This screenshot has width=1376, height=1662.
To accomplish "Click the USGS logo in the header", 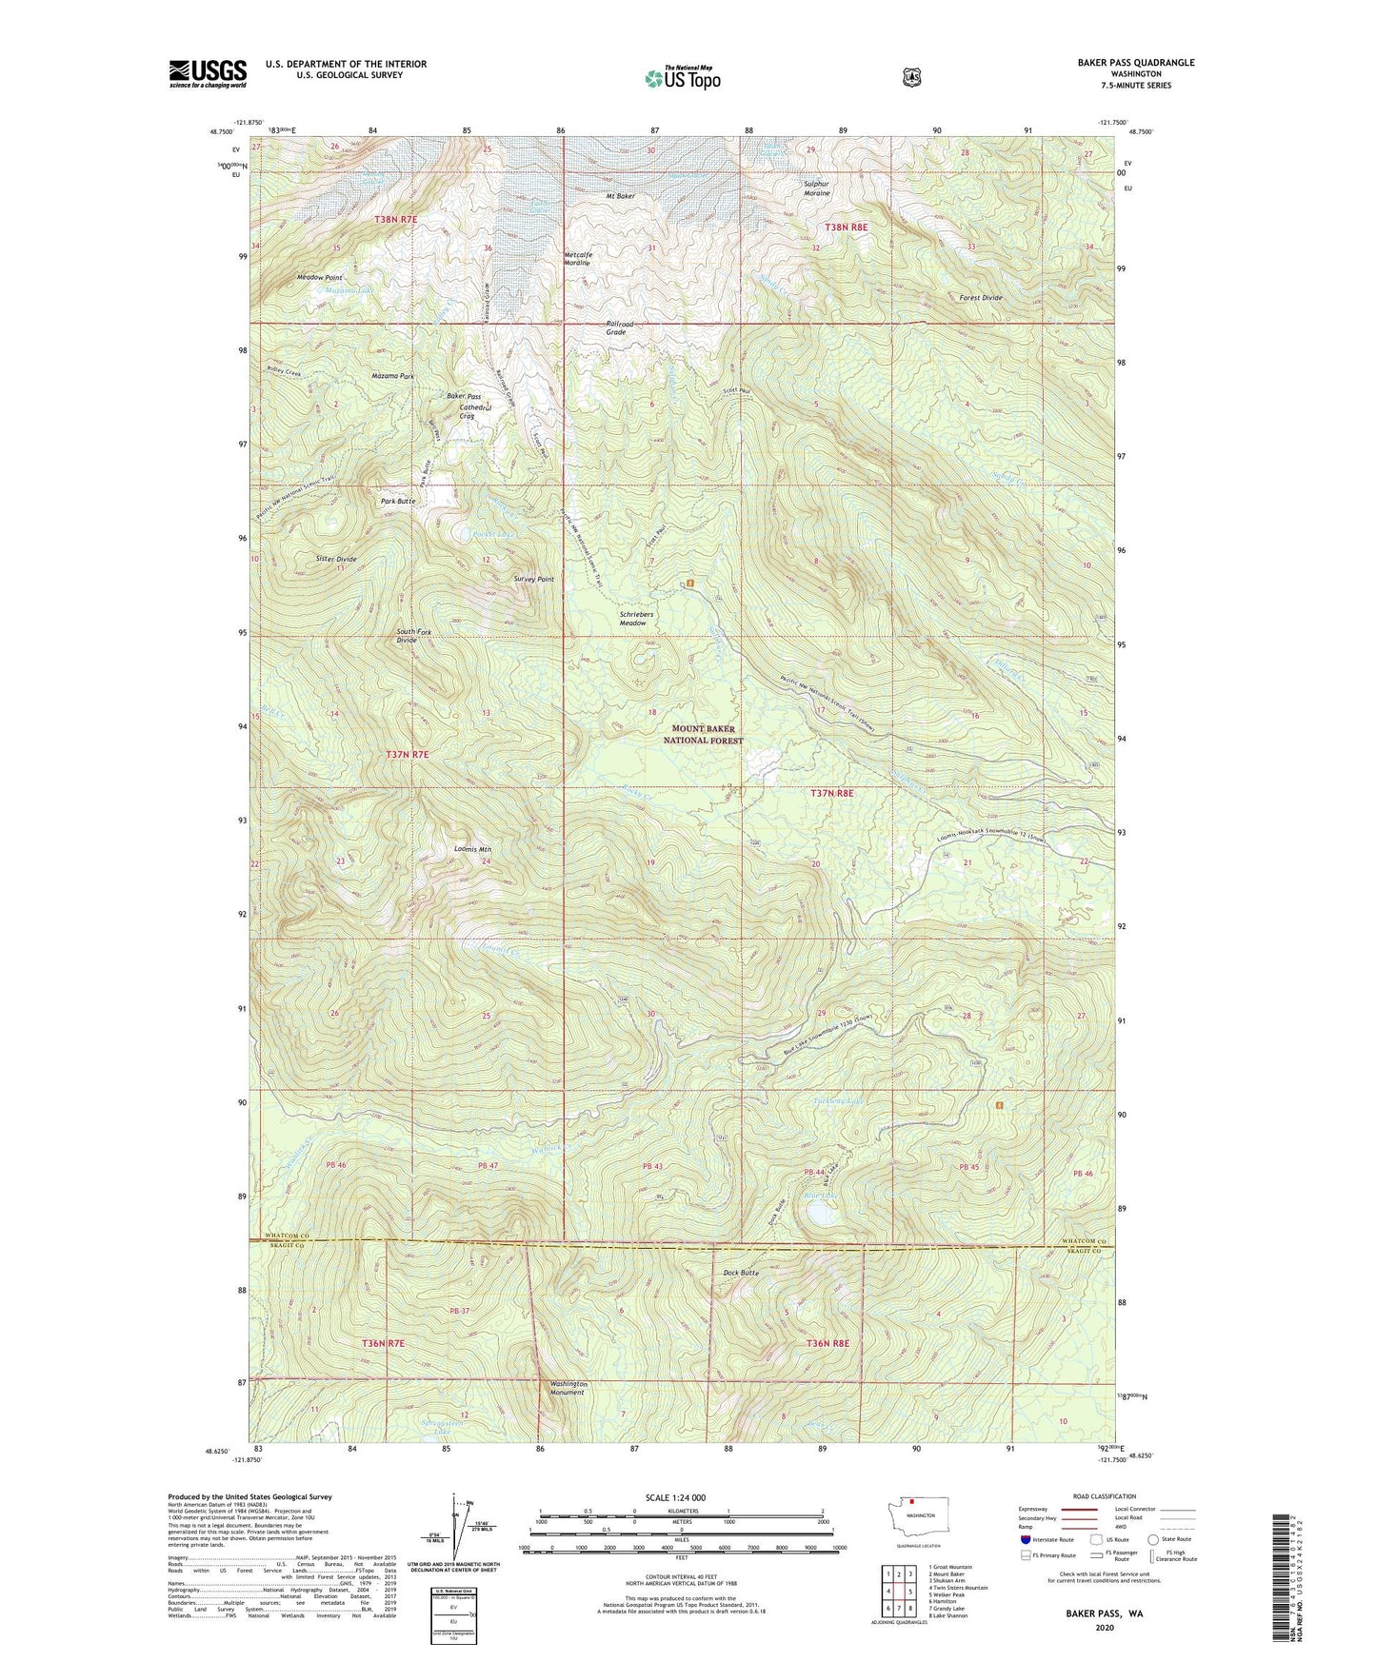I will (x=208, y=73).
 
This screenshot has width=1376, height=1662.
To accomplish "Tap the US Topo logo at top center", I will (x=681, y=78).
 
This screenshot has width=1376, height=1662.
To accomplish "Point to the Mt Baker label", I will (x=620, y=196).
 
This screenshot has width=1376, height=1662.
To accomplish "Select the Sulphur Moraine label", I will (x=816, y=188).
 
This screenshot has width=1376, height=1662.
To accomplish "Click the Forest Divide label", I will (x=980, y=298).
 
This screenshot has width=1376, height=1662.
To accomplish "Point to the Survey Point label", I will (x=533, y=579).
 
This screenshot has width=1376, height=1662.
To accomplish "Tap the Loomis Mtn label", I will (x=472, y=848).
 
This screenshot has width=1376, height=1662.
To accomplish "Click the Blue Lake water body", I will (x=822, y=1214).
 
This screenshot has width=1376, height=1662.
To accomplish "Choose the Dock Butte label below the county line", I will (x=740, y=1272).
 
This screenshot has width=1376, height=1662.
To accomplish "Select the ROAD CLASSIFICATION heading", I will (x=1105, y=1496).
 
